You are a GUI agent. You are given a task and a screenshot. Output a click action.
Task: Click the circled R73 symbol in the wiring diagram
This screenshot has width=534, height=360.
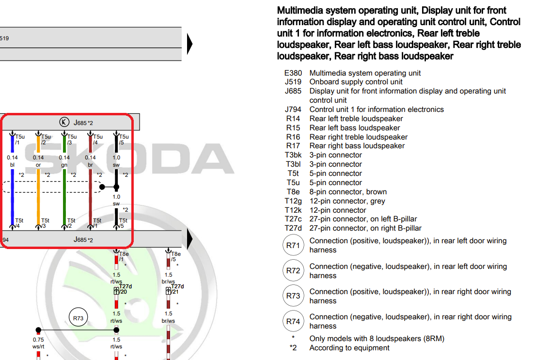click(78, 318)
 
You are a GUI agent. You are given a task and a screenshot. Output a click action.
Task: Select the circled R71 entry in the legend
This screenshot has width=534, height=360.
click(293, 246)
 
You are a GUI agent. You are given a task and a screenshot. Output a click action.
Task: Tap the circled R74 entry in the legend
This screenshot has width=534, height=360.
click(293, 321)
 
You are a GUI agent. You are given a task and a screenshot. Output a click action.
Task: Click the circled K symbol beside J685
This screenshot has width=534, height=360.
click(64, 122)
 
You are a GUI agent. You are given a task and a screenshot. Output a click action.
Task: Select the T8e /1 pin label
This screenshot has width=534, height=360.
click(124, 256)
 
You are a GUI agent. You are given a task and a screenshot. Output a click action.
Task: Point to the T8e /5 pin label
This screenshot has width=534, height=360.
click(175, 256)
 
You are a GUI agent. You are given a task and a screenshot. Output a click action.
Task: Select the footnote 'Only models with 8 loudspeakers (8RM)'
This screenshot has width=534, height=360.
click(377, 339)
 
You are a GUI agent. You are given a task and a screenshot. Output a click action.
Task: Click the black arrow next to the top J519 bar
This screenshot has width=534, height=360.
click(189, 44)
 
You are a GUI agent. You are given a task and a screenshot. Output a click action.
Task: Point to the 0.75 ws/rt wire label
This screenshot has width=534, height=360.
click(38, 343)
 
